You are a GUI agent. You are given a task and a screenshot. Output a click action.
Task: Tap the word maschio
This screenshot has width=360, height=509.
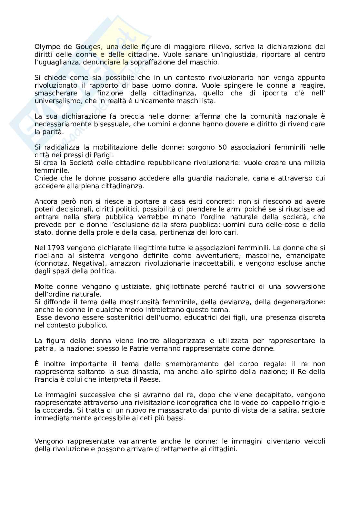[x=207, y=63]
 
